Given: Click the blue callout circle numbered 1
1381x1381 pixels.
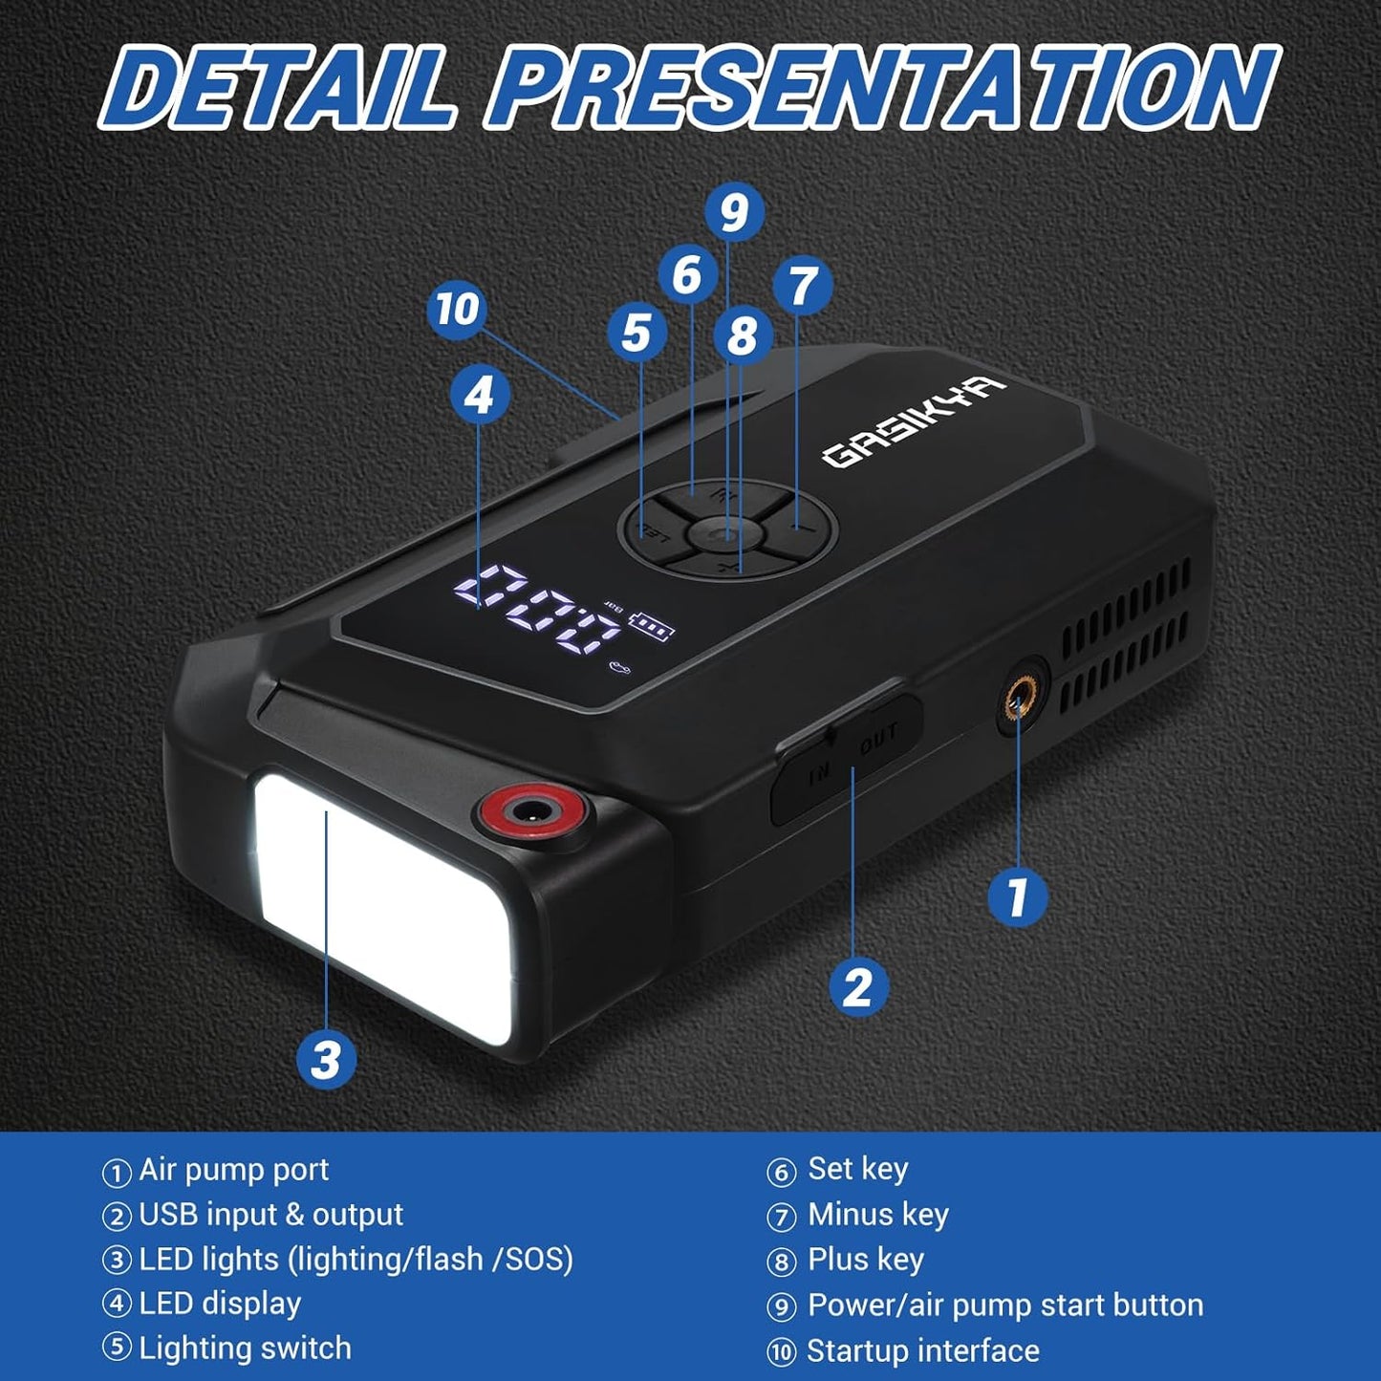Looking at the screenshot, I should [x=1017, y=896].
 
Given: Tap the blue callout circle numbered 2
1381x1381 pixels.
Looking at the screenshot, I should [x=857, y=985].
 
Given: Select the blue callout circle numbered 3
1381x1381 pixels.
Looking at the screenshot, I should [x=326, y=1059].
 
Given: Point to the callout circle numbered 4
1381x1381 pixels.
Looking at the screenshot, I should [x=479, y=394].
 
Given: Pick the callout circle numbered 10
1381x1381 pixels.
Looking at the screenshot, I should [x=457, y=309].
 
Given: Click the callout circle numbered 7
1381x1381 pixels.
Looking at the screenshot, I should [x=803, y=286].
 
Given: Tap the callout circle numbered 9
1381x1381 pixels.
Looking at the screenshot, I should [x=734, y=212].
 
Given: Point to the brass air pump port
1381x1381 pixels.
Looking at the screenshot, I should [x=1019, y=706].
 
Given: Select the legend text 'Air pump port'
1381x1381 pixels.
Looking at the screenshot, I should [x=233, y=1169].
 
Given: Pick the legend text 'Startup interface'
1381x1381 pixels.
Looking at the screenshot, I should [x=922, y=1350].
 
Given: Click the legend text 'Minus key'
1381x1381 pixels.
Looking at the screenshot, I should [x=877, y=1214].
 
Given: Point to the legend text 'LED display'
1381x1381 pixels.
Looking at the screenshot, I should [x=220, y=1303].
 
